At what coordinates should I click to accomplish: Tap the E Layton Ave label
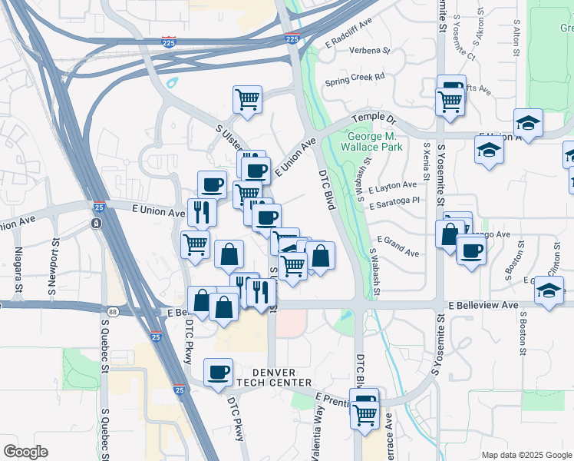392,186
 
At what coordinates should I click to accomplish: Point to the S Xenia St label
426,166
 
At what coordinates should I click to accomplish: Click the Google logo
25,452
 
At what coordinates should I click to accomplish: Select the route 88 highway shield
113,310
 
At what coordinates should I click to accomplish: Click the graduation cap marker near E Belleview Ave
548,292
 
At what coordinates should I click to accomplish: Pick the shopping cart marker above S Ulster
247,99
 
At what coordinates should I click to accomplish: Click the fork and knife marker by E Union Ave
201,211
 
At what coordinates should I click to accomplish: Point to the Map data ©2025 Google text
526,455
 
